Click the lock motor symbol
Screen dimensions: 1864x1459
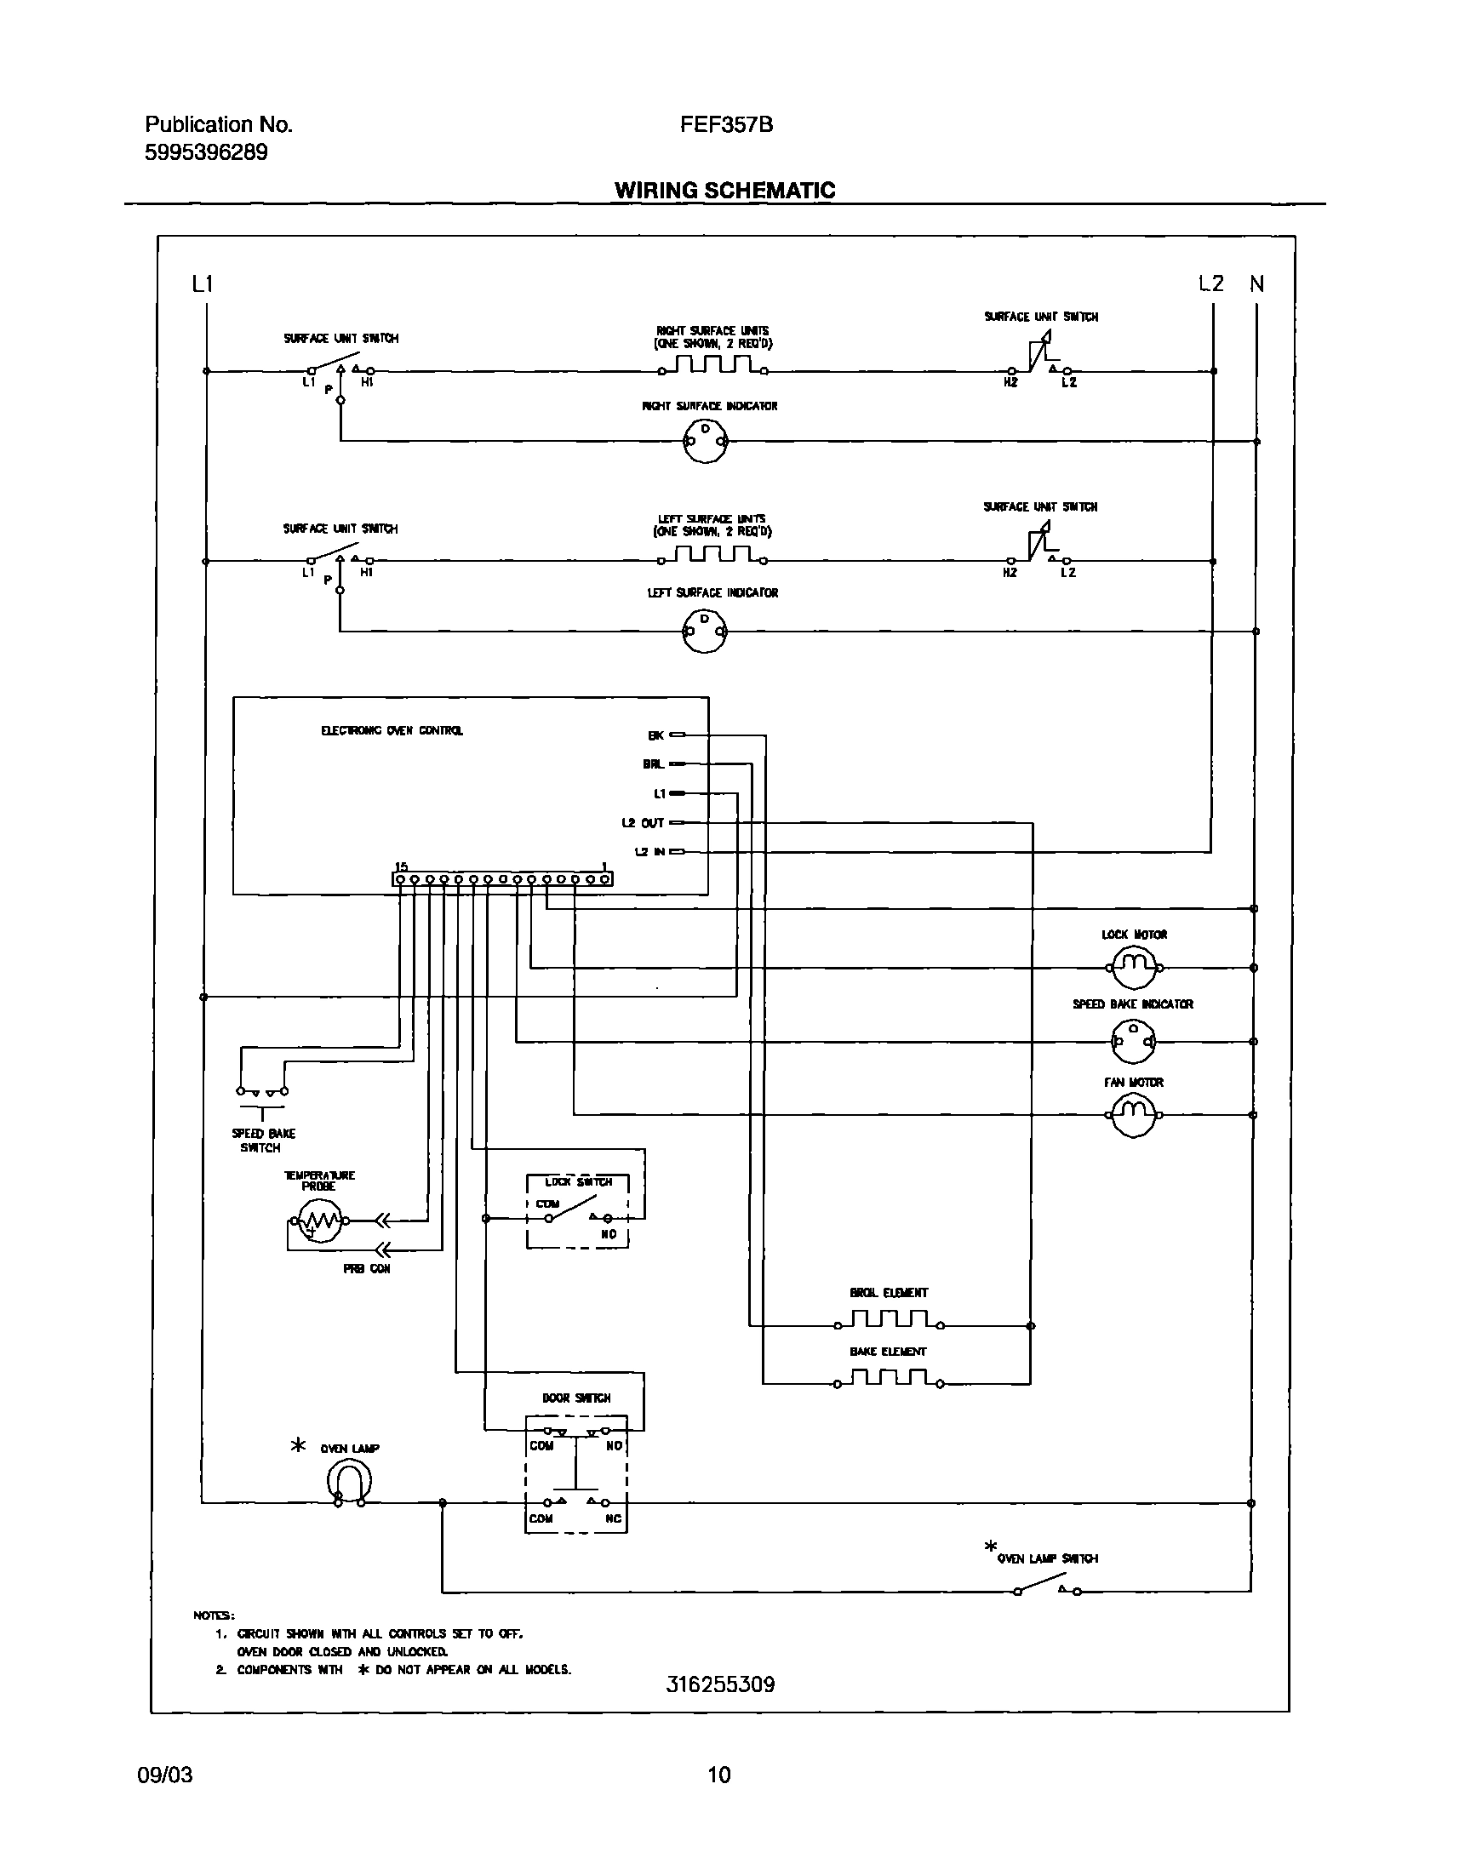click(1134, 967)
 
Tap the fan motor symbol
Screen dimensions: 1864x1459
click(1134, 1114)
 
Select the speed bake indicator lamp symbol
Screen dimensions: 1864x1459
click(1134, 1041)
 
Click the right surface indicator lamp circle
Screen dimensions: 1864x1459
click(705, 442)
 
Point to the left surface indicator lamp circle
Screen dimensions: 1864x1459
click(705, 632)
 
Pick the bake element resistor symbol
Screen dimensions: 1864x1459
click(890, 1379)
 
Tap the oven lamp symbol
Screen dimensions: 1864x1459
click(349, 1482)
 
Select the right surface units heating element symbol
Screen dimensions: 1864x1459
click(712, 366)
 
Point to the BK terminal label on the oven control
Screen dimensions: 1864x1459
click(656, 735)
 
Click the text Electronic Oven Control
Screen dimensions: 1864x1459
click(392, 731)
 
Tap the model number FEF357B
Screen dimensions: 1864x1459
click(726, 125)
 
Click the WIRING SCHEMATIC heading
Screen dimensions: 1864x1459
click(724, 190)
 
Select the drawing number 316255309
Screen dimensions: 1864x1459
click(720, 1684)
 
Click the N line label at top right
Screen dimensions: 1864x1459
click(1256, 284)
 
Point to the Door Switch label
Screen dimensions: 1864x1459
click(575, 1398)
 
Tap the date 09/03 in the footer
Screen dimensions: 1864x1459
click(165, 1775)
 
